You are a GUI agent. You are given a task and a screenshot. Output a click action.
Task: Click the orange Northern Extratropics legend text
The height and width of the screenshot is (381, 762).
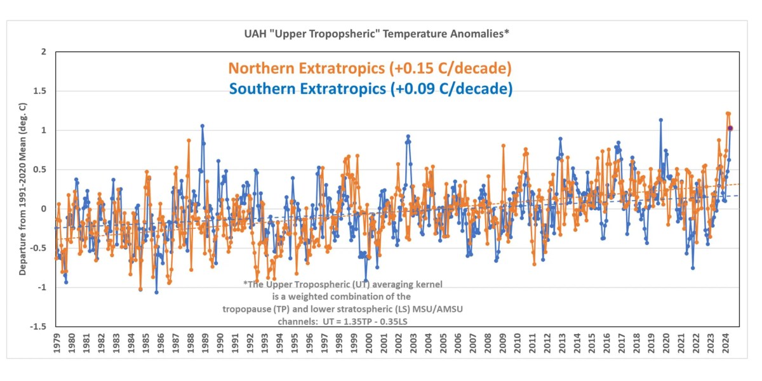click(370, 68)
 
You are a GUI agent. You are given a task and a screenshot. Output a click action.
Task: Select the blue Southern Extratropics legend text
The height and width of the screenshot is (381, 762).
click(371, 89)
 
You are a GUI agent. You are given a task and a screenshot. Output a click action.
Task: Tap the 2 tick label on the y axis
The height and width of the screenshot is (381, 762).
click(43, 52)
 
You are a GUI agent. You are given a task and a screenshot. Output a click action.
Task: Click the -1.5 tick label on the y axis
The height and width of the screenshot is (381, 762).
click(39, 326)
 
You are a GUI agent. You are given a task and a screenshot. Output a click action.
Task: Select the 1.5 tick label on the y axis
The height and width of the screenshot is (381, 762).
click(40, 91)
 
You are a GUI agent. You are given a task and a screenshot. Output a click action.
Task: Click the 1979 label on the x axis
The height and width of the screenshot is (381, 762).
click(57, 344)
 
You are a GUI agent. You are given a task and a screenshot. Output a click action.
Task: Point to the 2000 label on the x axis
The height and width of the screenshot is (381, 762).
click(369, 344)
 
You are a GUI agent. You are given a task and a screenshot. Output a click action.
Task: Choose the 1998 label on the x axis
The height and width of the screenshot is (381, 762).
click(339, 344)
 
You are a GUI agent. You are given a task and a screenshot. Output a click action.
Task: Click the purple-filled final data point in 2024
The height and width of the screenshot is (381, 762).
click(730, 128)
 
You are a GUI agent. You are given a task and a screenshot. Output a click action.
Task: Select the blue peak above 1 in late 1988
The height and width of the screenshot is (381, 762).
click(202, 126)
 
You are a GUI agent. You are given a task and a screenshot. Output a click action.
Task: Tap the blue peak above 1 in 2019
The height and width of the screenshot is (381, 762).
click(660, 120)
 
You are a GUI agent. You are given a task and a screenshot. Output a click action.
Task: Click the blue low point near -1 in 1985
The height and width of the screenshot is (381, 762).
click(156, 292)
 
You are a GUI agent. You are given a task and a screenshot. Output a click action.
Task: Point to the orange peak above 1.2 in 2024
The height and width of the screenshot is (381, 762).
click(728, 113)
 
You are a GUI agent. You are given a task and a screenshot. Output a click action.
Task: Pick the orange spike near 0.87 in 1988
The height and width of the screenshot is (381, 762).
click(189, 140)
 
